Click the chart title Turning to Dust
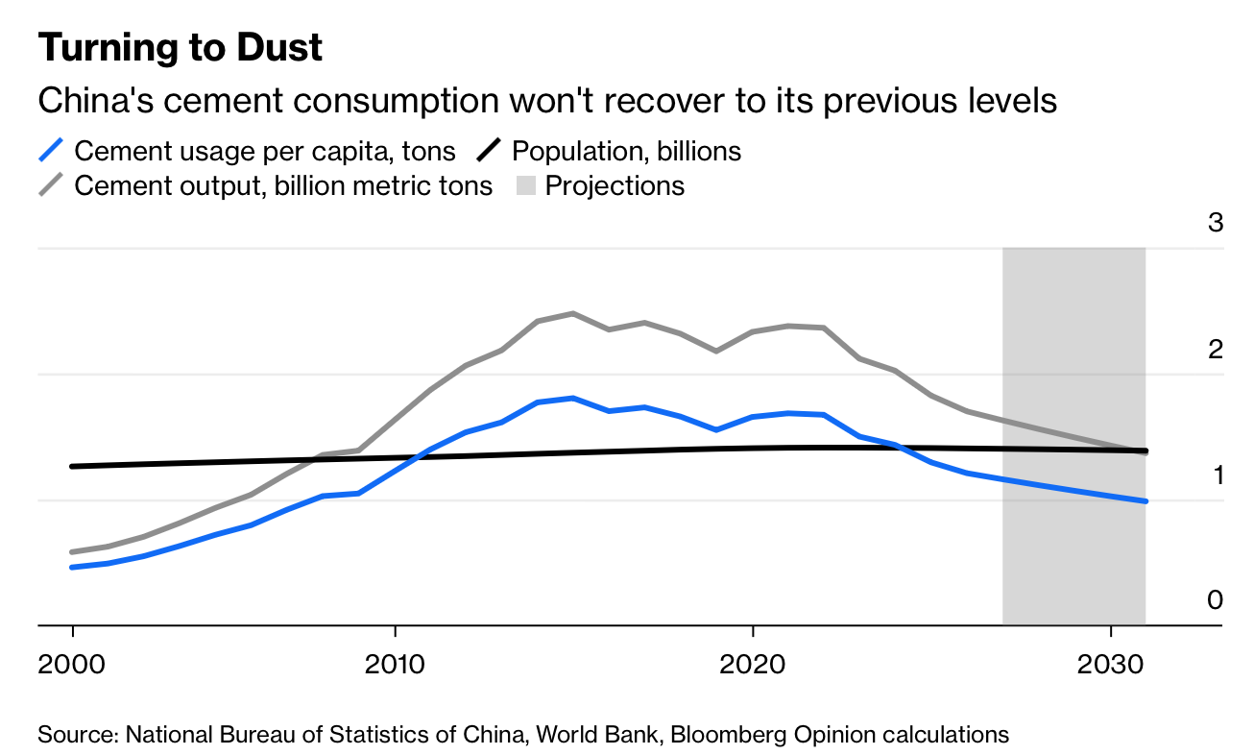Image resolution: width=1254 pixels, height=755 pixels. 180,48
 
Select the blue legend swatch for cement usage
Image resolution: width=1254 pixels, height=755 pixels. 51,151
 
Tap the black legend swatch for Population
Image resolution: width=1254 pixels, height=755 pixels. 490,151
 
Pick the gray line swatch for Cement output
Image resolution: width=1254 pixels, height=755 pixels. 51,184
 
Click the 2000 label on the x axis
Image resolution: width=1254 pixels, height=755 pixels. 72,664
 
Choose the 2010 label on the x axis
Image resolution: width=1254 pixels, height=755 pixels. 395,664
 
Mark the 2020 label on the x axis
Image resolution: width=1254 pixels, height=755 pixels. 753,664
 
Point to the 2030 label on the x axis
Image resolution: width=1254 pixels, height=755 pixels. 1111,664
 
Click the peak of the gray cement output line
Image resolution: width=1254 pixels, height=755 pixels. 573,313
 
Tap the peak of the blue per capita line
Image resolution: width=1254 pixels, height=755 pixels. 573,398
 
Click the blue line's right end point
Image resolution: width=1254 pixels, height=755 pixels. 1145,501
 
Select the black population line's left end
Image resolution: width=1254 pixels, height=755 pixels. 72,467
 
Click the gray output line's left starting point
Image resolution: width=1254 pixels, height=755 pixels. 72,552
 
